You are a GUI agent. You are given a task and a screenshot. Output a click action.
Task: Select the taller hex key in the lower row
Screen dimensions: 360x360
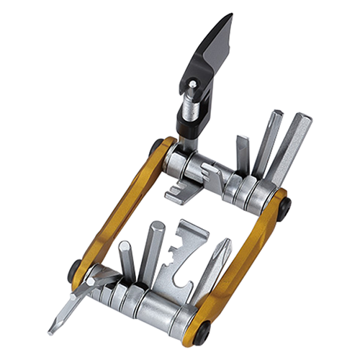[153, 252]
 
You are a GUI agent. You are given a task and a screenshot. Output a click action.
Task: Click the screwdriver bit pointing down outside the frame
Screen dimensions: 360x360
[68, 310]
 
